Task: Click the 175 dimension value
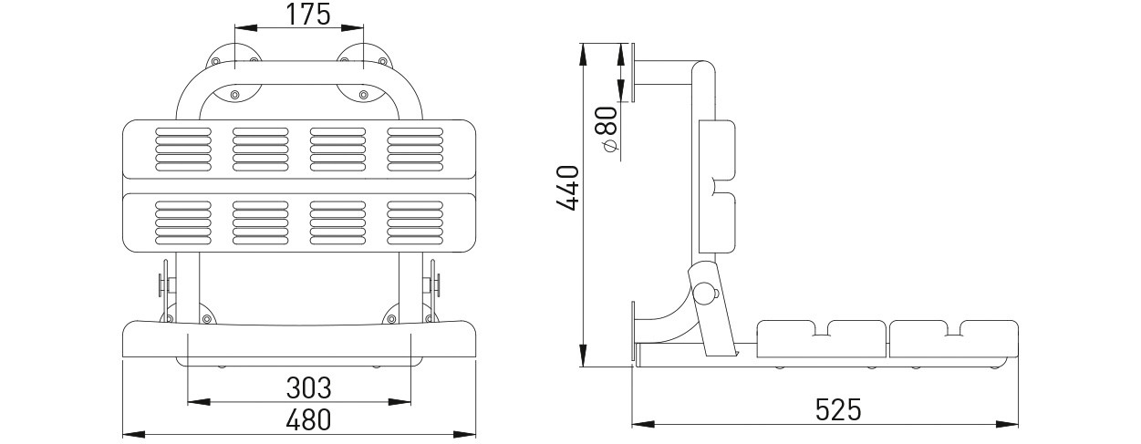point(307,15)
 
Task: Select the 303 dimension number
point(308,388)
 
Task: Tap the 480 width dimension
point(308,420)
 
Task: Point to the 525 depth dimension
point(838,408)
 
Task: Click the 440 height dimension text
point(567,188)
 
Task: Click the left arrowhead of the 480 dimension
point(134,434)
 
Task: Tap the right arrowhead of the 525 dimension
point(1007,424)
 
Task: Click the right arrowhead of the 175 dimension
point(352,27)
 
